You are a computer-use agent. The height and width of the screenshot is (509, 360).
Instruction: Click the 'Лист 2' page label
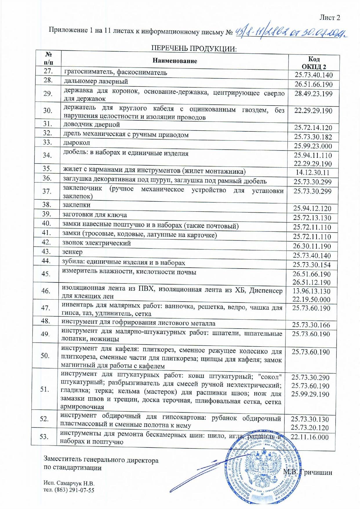330,18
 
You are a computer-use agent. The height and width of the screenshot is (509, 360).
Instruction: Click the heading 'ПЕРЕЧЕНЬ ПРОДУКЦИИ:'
194,48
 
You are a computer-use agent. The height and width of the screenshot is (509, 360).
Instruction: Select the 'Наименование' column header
174,61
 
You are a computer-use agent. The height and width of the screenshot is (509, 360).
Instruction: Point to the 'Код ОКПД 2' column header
314,63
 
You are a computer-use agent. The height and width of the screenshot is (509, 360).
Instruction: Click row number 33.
47,142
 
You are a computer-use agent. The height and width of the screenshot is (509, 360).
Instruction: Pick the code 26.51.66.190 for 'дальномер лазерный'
314,84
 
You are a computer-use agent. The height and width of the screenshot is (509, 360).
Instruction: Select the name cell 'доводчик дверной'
92,125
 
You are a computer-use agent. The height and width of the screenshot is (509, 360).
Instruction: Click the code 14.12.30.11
312,173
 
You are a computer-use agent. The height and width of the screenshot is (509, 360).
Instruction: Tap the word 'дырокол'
77,143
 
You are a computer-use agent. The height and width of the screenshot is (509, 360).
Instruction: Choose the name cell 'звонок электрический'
97,243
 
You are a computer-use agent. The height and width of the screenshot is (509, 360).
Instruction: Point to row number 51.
45,389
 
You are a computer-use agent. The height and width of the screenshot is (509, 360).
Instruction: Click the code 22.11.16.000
310,437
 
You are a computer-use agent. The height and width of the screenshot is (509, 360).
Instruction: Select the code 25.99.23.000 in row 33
313,146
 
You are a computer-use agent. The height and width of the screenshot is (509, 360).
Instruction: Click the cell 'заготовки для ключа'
95,215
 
